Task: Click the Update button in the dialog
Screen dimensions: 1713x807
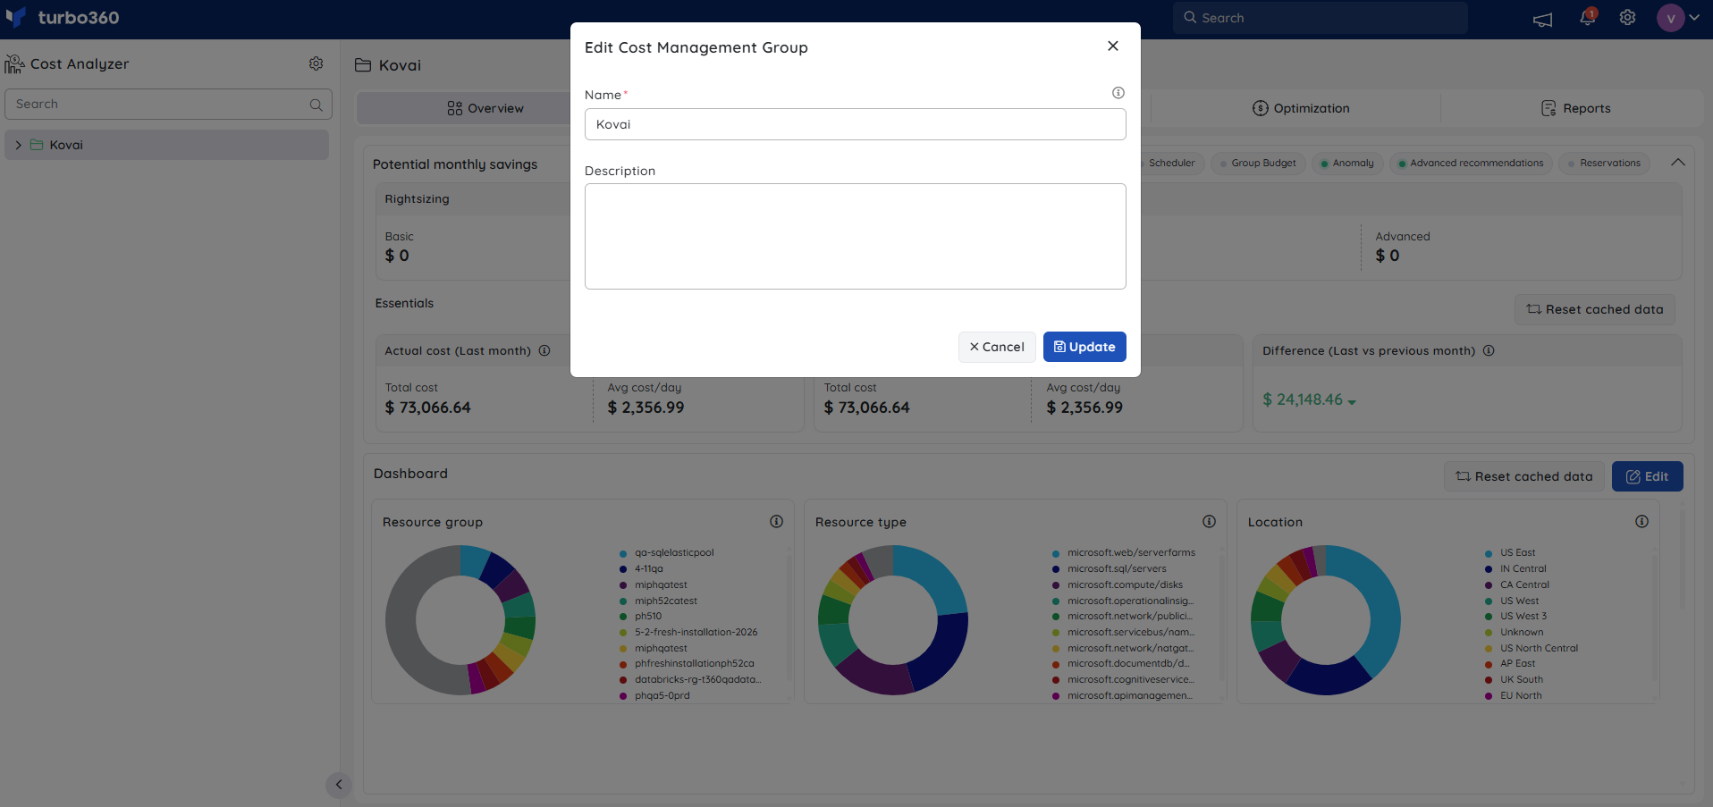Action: pos(1084,347)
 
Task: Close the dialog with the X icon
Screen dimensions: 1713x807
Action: pos(1113,46)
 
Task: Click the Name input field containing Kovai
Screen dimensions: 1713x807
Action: pos(855,124)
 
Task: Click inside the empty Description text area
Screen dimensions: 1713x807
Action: pos(855,236)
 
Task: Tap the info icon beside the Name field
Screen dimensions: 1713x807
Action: pos(1118,93)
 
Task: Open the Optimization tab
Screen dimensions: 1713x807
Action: pos(1301,108)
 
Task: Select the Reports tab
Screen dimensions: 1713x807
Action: pos(1576,108)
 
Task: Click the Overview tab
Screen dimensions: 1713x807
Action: pos(485,108)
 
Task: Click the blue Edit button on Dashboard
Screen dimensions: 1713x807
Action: pos(1647,476)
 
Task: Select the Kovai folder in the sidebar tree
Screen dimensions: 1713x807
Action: pos(65,145)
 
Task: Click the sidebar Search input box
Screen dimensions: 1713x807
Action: pos(168,104)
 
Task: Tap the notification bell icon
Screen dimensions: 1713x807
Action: pos(1588,17)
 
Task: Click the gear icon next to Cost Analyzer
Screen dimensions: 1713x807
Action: pos(316,63)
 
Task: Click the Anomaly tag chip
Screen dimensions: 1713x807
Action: pos(1347,164)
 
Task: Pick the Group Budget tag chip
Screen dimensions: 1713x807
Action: pos(1258,164)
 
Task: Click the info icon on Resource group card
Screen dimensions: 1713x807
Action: pos(776,521)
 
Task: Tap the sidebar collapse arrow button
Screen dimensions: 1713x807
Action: pos(338,785)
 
